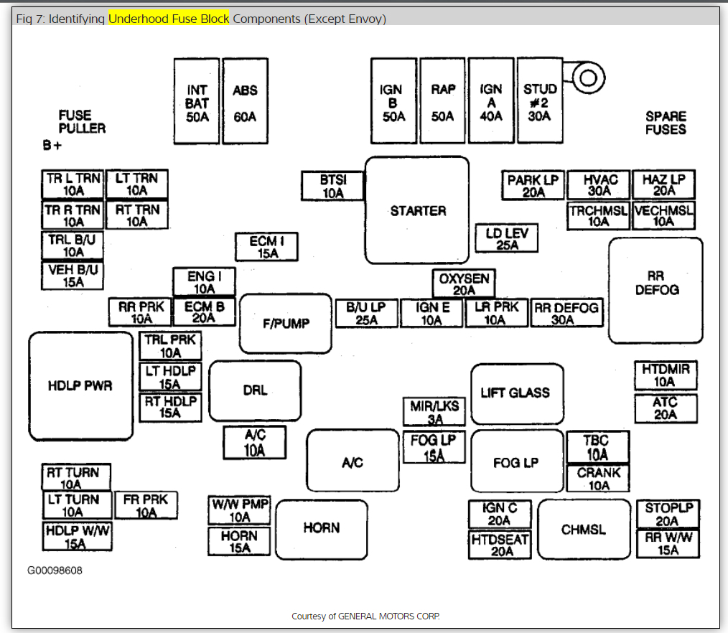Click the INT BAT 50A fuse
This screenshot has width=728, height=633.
pyautogui.click(x=197, y=101)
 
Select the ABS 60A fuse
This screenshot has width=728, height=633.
pyautogui.click(x=245, y=101)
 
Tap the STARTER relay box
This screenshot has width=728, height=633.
pyautogui.click(x=417, y=210)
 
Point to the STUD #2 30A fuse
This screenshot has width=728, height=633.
pyautogui.click(x=540, y=101)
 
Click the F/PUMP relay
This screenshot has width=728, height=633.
pyautogui.click(x=286, y=324)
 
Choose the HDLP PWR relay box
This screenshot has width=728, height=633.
pyautogui.click(x=80, y=385)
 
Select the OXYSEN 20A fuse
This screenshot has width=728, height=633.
pyautogui.click(x=464, y=284)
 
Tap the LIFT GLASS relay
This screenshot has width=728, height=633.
pyautogui.click(x=515, y=393)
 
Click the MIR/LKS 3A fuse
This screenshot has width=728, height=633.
pyautogui.click(x=434, y=412)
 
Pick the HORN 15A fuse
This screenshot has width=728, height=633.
pyautogui.click(x=240, y=541)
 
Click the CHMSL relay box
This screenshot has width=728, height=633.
pyautogui.click(x=583, y=530)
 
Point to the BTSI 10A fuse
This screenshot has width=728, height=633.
pyautogui.click(x=332, y=187)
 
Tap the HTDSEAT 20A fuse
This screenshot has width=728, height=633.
pyautogui.click(x=500, y=545)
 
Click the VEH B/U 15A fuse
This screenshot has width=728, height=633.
pyautogui.click(x=73, y=276)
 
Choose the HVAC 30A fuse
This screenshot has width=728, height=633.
pyautogui.click(x=599, y=185)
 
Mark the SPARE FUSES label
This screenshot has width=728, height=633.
pyautogui.click(x=666, y=123)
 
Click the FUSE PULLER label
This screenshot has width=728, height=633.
pyautogui.click(x=82, y=121)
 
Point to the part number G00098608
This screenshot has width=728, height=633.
pyautogui.click(x=55, y=571)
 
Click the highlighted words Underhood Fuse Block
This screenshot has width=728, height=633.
pyautogui.click(x=169, y=19)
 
